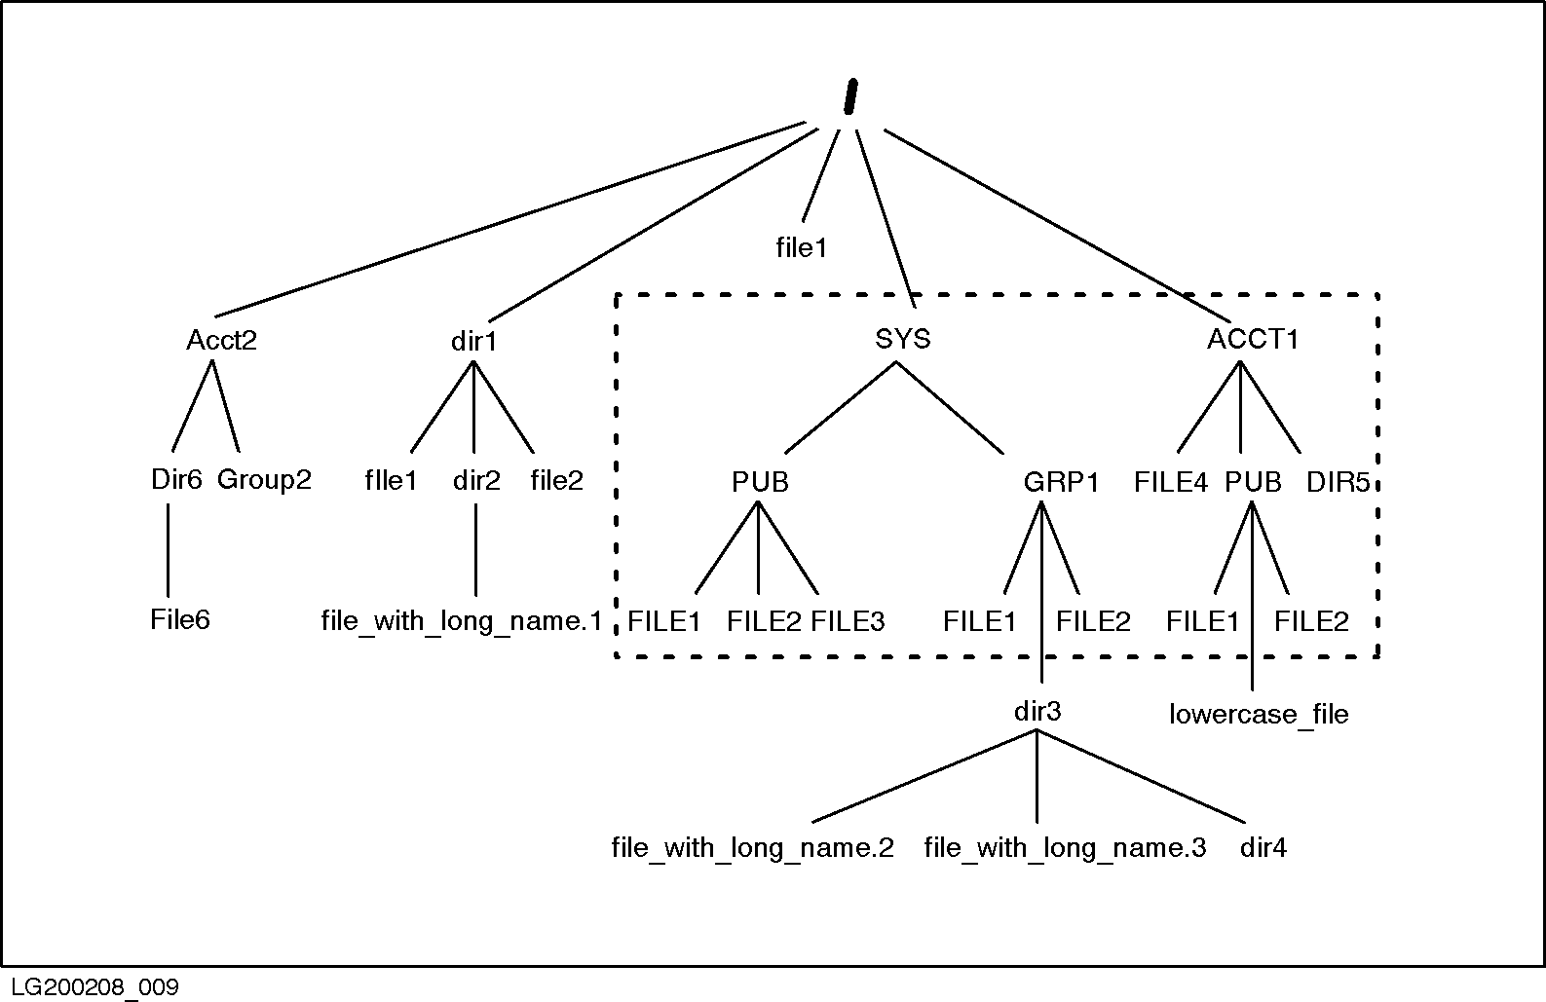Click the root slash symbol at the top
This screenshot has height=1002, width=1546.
(848, 98)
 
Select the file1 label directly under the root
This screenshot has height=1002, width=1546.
(801, 248)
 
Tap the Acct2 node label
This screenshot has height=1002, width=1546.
(221, 341)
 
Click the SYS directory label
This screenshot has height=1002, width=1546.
(903, 339)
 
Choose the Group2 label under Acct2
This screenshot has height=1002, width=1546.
(264, 480)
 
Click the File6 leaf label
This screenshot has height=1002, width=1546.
(180, 620)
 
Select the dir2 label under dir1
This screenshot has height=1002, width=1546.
(476, 480)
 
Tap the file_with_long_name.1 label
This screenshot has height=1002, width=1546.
(462, 621)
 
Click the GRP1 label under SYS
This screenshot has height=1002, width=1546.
(1061, 482)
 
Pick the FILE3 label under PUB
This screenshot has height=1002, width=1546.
(848, 621)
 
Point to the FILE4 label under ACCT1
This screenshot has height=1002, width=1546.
(1171, 482)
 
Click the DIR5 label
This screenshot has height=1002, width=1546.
(1338, 482)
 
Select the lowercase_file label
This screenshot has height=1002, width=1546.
(1259, 715)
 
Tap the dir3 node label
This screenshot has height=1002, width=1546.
(1037, 712)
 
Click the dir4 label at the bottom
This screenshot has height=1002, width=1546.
(1263, 848)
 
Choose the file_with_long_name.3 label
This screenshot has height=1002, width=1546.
(1065, 848)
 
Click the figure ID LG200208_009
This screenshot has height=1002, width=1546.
(91, 987)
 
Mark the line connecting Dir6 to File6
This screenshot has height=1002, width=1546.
(168, 550)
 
